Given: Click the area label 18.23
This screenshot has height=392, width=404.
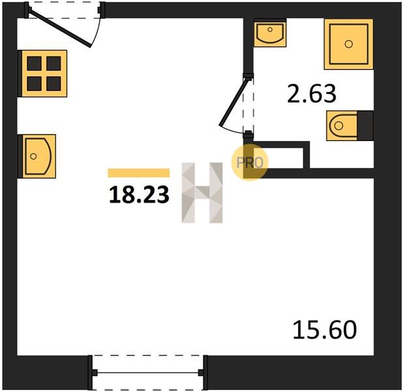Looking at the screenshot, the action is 139,195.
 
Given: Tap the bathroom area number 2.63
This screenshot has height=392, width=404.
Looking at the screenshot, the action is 312,93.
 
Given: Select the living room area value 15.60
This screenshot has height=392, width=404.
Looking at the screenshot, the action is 324,329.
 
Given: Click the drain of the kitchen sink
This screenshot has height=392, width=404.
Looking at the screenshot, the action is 33,156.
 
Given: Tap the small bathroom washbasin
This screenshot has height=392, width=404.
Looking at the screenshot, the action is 270,33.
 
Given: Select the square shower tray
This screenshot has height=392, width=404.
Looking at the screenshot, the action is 349,44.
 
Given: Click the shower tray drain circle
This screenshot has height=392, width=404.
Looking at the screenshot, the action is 349,44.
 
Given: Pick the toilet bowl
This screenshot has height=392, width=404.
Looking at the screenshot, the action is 342,125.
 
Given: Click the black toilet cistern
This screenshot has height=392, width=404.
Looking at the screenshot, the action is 365,125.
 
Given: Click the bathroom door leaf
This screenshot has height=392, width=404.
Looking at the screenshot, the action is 234,102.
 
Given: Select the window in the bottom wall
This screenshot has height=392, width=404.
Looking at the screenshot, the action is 148,372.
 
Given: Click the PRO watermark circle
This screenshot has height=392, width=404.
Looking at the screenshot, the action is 250,163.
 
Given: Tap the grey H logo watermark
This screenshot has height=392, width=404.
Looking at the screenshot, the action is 202,193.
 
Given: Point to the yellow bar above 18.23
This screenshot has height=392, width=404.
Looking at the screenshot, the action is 138,172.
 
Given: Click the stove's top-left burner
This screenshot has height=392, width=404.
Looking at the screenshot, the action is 35,63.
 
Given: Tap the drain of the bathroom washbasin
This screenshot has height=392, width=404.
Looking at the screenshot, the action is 270,29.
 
